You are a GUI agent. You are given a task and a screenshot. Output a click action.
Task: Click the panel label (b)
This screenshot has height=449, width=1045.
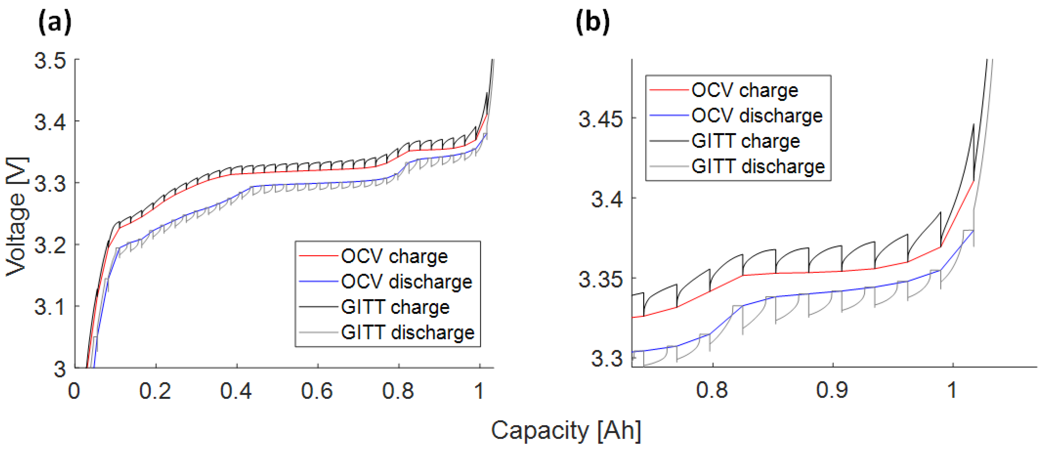[592, 22]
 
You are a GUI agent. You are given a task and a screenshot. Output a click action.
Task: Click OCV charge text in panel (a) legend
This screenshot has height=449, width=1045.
[394, 256]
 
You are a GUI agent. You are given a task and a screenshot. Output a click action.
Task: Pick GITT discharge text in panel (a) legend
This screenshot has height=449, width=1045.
[408, 333]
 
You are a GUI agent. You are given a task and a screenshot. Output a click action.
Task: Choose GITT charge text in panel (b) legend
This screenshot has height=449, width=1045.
[745, 141]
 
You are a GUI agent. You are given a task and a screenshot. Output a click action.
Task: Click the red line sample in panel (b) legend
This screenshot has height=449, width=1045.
[669, 90]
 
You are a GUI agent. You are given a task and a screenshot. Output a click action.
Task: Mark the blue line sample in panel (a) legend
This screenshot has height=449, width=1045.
[318, 282]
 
